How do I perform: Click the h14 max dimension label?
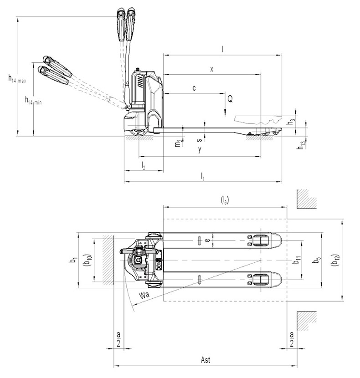(x=17, y=79)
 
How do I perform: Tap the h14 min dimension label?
(x=33, y=100)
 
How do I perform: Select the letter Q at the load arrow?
(x=230, y=98)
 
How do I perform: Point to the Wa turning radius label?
(x=144, y=295)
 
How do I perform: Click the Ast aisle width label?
(x=206, y=360)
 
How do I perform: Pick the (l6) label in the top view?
(x=225, y=200)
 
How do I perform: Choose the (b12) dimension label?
(x=336, y=260)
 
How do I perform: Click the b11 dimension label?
(x=297, y=260)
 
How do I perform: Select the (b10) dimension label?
(x=87, y=260)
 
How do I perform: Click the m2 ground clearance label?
(x=178, y=143)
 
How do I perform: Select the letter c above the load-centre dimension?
(x=194, y=88)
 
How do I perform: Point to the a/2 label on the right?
(x=292, y=339)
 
